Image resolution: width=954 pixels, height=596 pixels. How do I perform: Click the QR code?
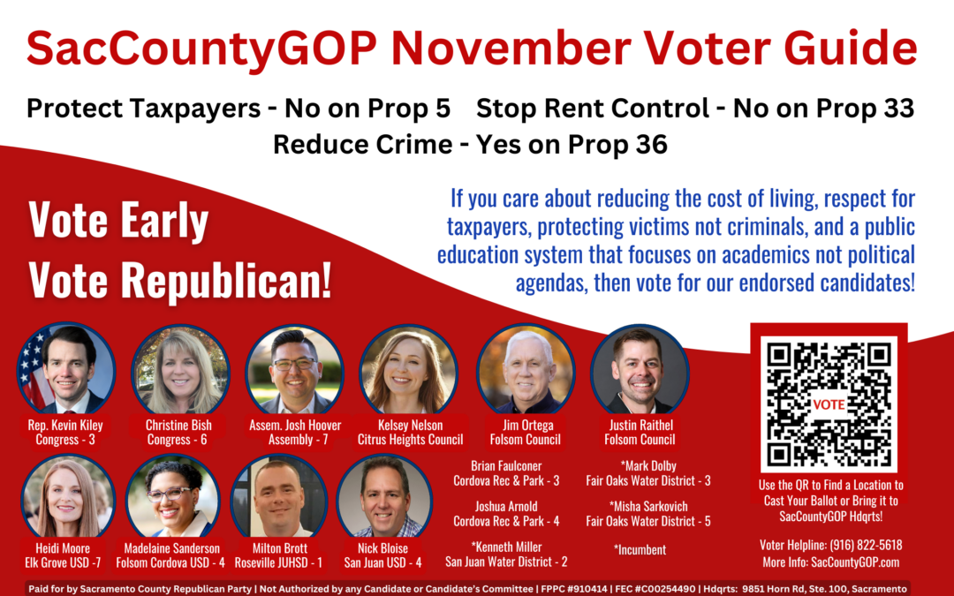click(829, 404)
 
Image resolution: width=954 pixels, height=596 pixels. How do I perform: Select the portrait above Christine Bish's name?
click(180, 370)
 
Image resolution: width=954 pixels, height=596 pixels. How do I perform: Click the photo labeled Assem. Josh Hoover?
click(294, 370)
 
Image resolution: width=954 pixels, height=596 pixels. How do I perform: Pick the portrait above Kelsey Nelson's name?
click(409, 370)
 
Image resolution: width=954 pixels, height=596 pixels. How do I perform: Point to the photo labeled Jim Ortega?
click(526, 370)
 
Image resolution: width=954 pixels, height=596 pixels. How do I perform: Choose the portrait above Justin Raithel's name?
click(640, 370)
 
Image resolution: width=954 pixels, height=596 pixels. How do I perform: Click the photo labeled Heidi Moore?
click(67, 497)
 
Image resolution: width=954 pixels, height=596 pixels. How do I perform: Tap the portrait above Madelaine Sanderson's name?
click(173, 497)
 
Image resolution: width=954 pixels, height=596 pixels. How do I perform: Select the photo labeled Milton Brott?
click(279, 497)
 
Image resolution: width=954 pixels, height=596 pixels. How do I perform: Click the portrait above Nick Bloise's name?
click(384, 497)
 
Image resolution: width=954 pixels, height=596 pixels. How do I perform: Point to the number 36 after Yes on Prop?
click(650, 144)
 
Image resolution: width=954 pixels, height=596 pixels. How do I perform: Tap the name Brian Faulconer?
click(506, 466)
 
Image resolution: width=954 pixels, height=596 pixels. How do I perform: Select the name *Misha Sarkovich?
click(648, 507)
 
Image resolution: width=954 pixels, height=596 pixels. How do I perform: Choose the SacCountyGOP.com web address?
click(855, 562)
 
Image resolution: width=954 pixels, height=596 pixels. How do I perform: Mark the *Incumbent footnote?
click(640, 550)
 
